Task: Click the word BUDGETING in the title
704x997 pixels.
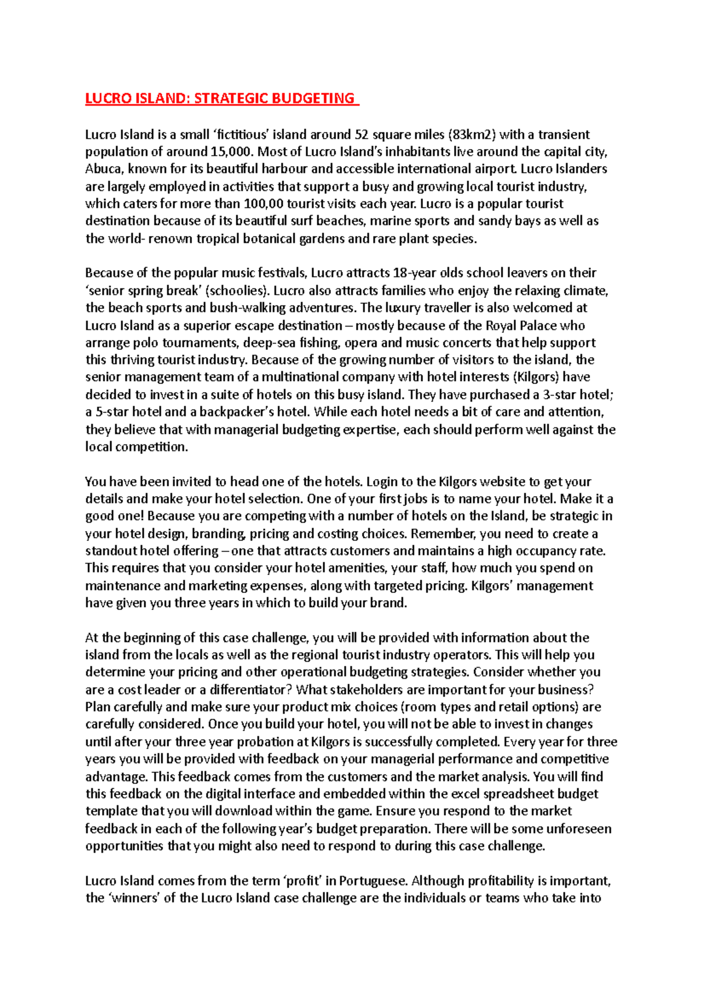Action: click(316, 98)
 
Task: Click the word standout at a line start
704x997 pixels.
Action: click(112, 551)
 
